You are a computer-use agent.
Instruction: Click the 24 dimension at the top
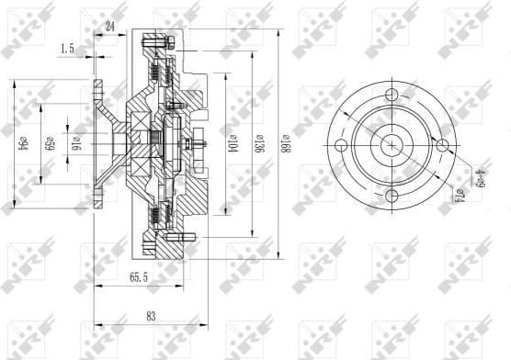tap(110, 28)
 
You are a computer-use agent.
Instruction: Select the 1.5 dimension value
tap(67, 47)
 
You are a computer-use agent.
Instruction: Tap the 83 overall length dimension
tap(151, 317)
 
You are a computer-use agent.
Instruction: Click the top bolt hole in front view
tap(393, 95)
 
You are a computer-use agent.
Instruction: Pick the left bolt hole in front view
tap(342, 145)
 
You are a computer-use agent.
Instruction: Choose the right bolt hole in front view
tap(444, 145)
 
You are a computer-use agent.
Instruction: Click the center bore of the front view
tap(393, 145)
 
